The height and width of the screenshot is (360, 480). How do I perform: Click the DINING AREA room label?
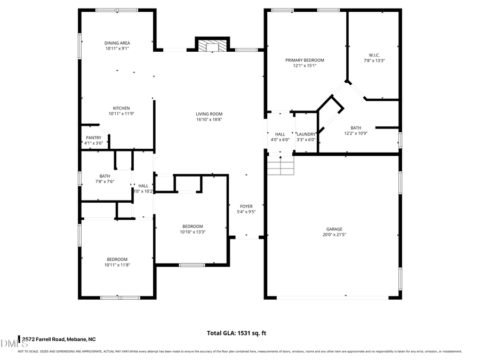click(x=117, y=43)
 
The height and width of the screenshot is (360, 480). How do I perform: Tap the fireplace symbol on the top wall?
click(x=212, y=46)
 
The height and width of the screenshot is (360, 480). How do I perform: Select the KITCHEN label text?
click(x=121, y=108)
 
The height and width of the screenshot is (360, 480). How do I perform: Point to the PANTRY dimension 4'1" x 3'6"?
click(x=93, y=143)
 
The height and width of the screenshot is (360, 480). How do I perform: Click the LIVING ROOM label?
click(x=209, y=114)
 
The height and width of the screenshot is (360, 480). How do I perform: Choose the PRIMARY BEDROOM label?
click(x=305, y=60)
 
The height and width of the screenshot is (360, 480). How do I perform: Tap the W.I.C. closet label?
click(x=374, y=55)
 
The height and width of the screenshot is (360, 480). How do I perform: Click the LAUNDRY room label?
click(x=306, y=134)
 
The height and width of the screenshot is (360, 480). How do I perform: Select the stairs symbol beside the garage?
click(x=281, y=165)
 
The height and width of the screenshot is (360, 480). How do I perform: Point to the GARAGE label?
click(x=334, y=229)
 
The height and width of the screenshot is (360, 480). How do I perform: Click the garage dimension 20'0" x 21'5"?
click(x=334, y=235)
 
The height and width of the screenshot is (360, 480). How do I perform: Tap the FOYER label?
click(x=246, y=206)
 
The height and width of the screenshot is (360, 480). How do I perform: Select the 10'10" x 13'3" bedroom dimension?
click(x=192, y=231)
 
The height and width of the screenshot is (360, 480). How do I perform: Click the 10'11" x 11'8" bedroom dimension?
click(x=117, y=265)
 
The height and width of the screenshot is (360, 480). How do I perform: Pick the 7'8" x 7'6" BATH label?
click(x=105, y=176)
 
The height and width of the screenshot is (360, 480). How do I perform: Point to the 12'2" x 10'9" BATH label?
click(x=356, y=128)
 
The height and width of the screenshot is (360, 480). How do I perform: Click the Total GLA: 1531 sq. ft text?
click(x=236, y=333)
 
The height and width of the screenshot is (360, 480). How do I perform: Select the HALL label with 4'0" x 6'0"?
click(x=280, y=134)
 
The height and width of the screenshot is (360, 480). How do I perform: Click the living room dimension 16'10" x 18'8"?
click(x=209, y=119)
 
